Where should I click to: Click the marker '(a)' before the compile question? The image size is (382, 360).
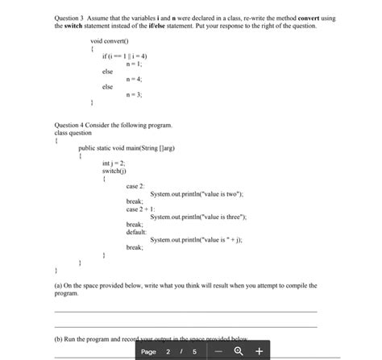[58, 284]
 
